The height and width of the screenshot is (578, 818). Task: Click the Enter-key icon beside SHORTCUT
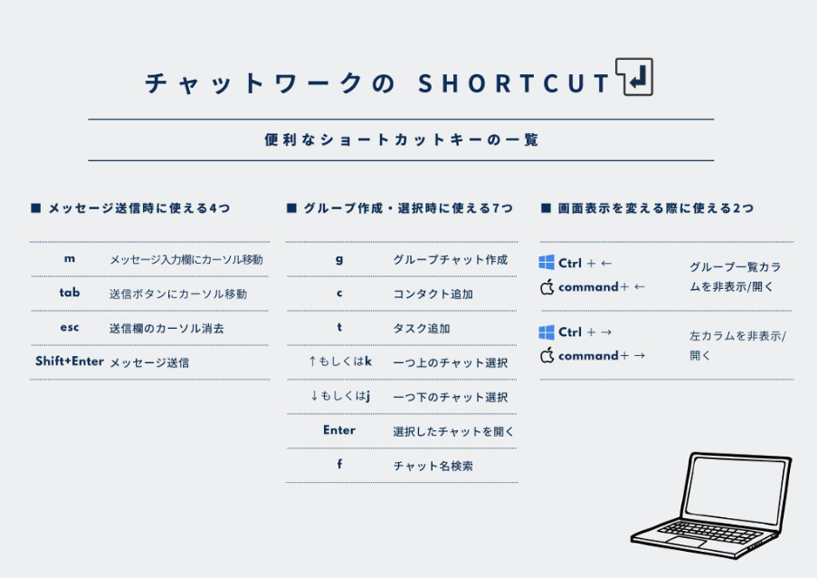[x=633, y=77]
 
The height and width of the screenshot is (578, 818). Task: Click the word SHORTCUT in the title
[x=514, y=83]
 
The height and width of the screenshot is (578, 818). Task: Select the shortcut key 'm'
[x=70, y=259]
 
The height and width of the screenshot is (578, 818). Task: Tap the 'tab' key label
[x=70, y=293]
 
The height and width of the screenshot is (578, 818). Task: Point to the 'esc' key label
[x=70, y=327]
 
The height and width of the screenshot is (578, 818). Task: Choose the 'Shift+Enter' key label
[x=70, y=361]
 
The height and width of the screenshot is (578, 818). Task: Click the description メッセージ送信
[x=149, y=362]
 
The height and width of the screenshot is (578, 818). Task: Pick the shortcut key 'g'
[x=339, y=259]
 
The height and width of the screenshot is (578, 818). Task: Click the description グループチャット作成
[x=451, y=259]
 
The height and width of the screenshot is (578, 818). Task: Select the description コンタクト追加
[x=433, y=294]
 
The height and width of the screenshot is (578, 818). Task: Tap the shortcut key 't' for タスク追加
[x=339, y=327]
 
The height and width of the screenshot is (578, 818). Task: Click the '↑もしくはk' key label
[x=339, y=361]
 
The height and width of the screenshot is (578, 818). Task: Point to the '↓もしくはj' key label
[x=339, y=396]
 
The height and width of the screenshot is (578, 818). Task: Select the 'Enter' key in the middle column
[x=339, y=430]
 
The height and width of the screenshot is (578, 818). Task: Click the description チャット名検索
[x=433, y=466]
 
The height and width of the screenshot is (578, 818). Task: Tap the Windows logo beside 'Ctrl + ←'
[x=547, y=262]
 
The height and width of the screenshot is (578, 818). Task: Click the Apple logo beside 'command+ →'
[x=547, y=355]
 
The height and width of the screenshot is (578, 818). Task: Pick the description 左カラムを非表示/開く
[x=737, y=345]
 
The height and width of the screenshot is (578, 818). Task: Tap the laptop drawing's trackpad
[x=687, y=542]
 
